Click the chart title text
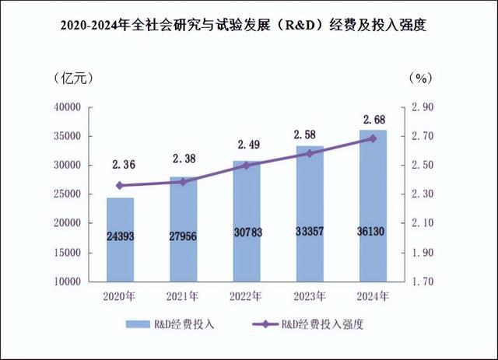click(249, 25)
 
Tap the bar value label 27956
click(183, 232)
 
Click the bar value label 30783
click(246, 232)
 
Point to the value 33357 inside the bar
click(310, 232)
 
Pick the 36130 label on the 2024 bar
click(373, 232)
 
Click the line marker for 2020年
click(120, 185)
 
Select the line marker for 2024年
click(373, 138)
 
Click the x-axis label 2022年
click(246, 297)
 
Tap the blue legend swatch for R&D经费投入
click(142, 324)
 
